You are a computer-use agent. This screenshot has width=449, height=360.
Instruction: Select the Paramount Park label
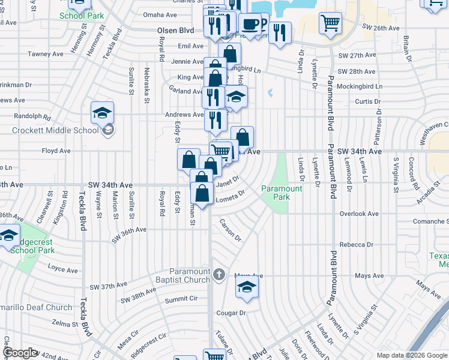click(282, 192)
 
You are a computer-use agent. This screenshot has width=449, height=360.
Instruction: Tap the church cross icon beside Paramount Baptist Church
click(219, 275)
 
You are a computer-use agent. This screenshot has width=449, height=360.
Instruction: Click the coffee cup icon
click(250, 25)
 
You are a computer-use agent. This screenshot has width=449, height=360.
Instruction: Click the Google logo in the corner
click(20, 353)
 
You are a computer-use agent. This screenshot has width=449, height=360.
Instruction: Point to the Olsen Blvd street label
click(175, 30)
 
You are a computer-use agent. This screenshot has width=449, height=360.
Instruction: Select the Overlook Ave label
click(359, 214)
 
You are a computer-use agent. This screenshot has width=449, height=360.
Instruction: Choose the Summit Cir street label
click(181, 299)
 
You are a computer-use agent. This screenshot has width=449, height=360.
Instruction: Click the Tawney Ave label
click(46, 54)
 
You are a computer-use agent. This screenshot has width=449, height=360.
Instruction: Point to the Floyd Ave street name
click(53, 152)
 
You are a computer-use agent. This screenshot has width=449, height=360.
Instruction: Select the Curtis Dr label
click(364, 101)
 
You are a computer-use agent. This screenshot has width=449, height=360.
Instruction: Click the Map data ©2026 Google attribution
click(412, 355)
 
